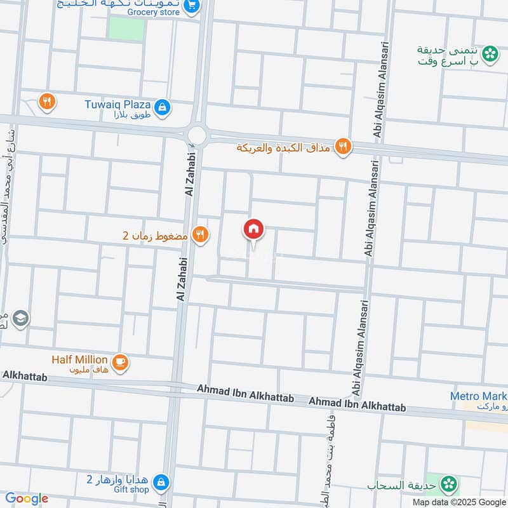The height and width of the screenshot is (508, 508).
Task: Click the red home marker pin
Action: tap(253, 230)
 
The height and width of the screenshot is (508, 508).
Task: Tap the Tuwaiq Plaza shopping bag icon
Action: tap(163, 106)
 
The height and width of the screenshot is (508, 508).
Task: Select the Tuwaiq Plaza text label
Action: tap(117, 104)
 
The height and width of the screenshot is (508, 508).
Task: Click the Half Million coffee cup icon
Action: tap(119, 362)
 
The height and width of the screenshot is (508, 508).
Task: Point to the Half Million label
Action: tap(79, 359)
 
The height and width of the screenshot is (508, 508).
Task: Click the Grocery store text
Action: tap(153, 11)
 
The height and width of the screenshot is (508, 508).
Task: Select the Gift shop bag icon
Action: tap(163, 481)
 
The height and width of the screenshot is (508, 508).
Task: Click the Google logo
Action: tap(26, 498)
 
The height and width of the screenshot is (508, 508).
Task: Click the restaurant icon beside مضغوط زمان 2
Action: tap(201, 235)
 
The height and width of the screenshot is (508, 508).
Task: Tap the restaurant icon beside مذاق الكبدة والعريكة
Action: tap(343, 147)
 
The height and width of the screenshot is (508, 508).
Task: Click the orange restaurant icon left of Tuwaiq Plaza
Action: tap(47, 101)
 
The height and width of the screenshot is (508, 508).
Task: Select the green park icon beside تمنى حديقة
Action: tap(490, 55)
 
